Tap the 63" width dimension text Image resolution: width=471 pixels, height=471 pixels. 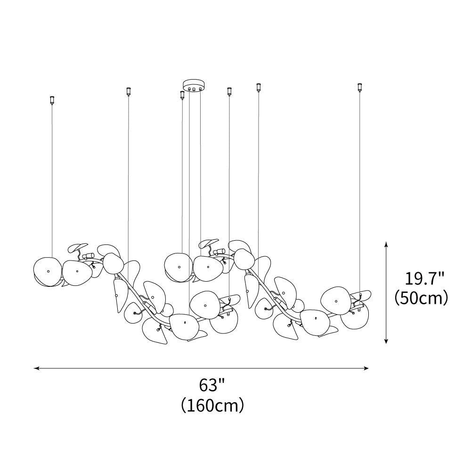(x=212, y=385)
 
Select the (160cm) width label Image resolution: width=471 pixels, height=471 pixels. (x=212, y=406)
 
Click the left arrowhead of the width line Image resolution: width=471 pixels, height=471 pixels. (x=37, y=368)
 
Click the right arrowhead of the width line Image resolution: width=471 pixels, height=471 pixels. (x=365, y=368)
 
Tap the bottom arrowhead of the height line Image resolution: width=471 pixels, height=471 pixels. (x=386, y=340)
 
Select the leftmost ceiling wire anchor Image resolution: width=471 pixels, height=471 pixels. (x=52, y=100)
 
